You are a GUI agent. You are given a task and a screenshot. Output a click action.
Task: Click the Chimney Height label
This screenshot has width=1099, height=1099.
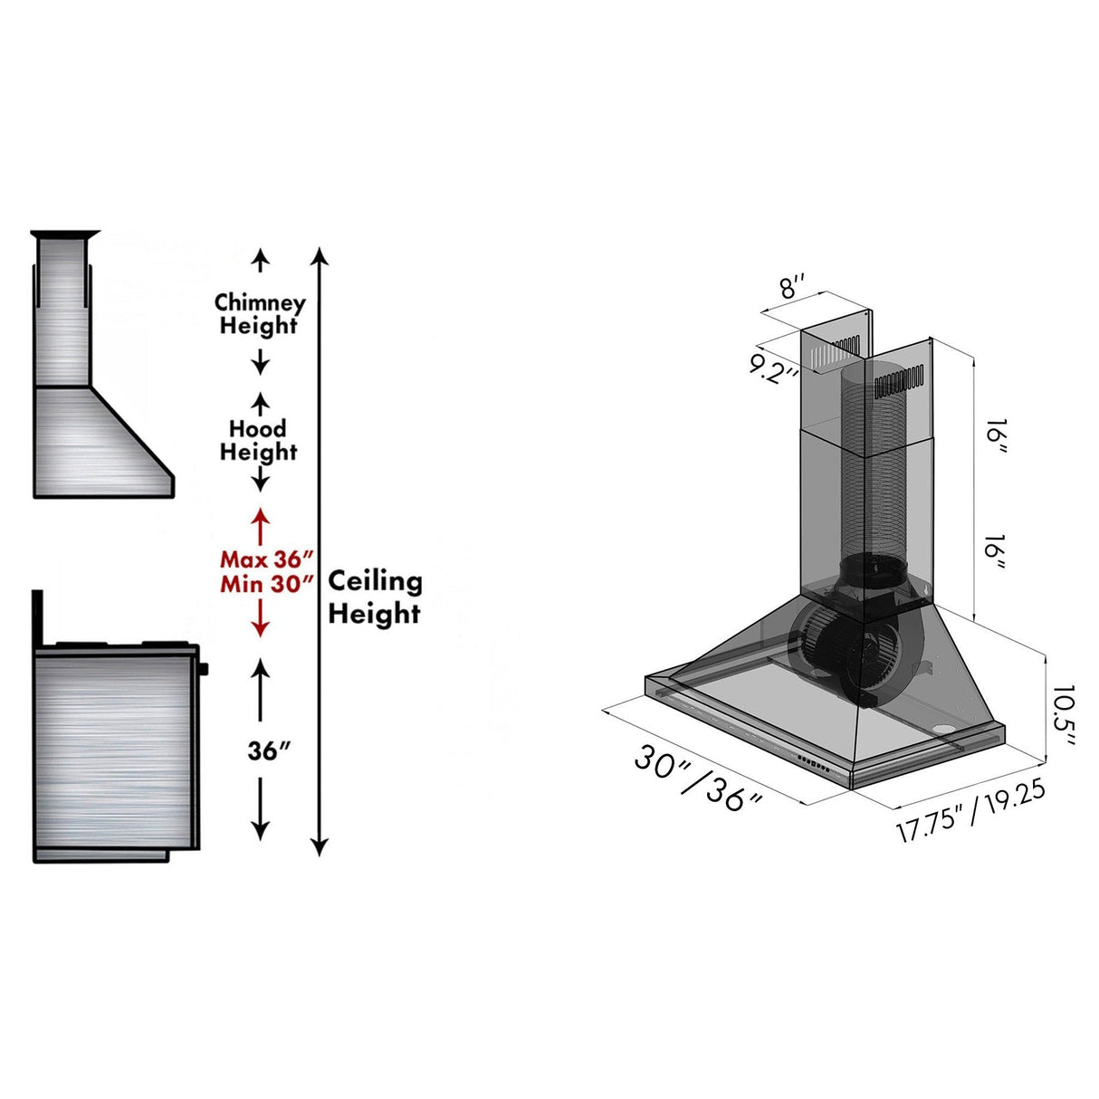pos(260,314)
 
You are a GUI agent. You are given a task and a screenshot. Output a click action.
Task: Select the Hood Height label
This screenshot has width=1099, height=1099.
pos(258,440)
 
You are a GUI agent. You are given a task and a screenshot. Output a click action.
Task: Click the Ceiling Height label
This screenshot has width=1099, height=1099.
pos(374,597)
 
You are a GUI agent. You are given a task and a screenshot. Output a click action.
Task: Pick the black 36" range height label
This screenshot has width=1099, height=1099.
pos(269,750)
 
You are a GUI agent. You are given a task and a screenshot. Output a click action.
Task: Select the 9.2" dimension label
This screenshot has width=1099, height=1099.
pos(774,368)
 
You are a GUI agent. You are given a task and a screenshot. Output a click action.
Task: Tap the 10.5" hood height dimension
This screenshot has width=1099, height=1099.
pos(1062,715)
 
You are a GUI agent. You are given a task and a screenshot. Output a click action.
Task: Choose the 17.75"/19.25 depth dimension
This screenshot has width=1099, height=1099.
pos(970,810)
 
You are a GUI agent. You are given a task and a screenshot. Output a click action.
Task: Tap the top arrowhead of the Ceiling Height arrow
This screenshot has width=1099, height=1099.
pos(319,254)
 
